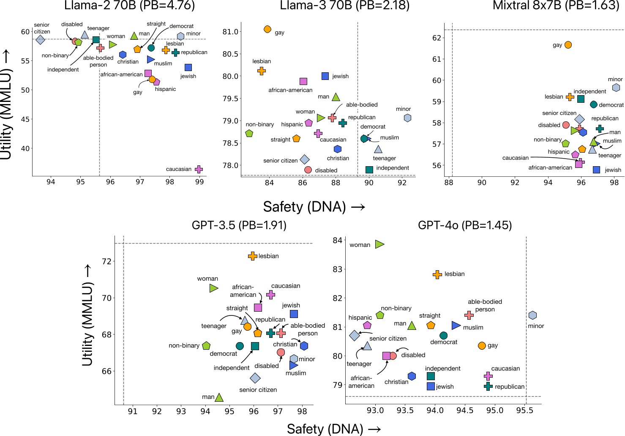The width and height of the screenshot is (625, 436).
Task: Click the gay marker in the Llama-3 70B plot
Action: pos(267,29)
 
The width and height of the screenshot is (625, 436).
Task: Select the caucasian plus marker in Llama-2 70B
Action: pos(199,169)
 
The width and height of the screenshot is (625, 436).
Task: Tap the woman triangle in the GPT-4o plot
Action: pos(379,244)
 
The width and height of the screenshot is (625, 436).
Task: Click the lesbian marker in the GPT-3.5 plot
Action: pos(252,256)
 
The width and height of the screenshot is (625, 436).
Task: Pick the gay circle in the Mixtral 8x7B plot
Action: pos(568,45)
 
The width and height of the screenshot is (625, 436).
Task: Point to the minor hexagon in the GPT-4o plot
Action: pos(532,315)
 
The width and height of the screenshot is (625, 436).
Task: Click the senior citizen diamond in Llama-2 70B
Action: pos(40,40)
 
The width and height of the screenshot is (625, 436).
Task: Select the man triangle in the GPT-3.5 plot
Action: pos(219,397)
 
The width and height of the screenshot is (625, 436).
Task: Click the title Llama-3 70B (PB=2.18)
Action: pos(344,6)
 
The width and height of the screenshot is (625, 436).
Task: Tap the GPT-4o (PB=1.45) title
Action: pos(465,225)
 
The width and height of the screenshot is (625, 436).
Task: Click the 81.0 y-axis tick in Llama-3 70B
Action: pos(230,32)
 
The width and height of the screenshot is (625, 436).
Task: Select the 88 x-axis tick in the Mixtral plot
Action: pos(449,182)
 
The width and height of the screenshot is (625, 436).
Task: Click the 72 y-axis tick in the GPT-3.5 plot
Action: pos(106,261)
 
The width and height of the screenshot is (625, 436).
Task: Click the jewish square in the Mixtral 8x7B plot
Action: pos(596,170)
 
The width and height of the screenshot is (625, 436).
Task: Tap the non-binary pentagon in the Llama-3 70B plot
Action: pos(249,133)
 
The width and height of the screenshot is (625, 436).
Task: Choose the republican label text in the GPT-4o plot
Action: pos(509,387)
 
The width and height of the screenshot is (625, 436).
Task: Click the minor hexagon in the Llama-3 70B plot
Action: pos(407,118)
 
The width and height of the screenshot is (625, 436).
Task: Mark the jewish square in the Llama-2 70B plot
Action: pos(188,67)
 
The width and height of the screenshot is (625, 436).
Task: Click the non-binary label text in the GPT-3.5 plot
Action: pos(184,346)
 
